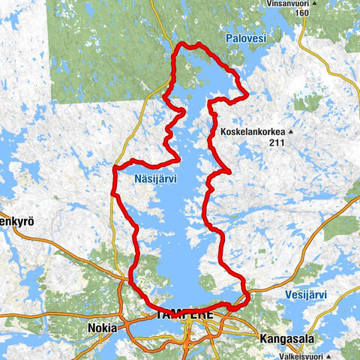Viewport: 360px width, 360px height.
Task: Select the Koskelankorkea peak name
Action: point(251,133)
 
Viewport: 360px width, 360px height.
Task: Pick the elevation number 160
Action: point(302,13)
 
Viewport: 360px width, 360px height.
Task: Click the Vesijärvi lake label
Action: point(306,295)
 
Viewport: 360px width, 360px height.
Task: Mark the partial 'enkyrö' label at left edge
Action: point(16,222)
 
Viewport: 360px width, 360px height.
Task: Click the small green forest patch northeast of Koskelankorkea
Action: point(307,102)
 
